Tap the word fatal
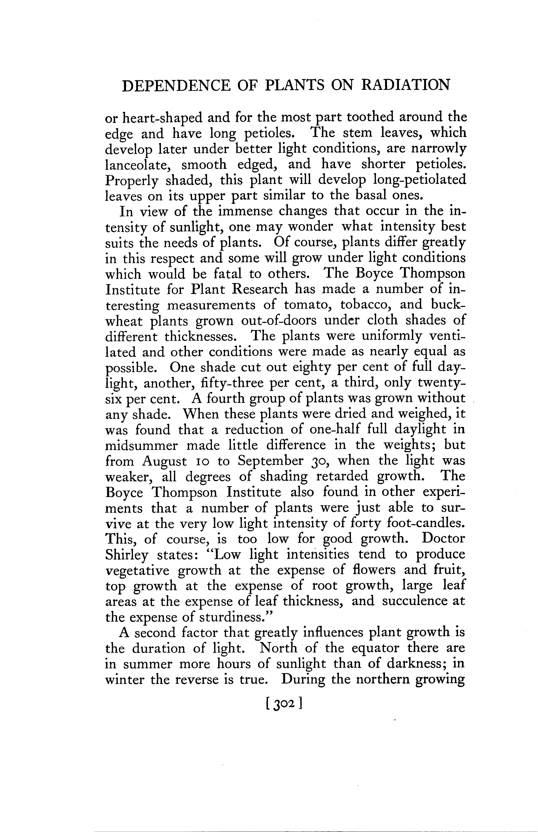click(x=227, y=274)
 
